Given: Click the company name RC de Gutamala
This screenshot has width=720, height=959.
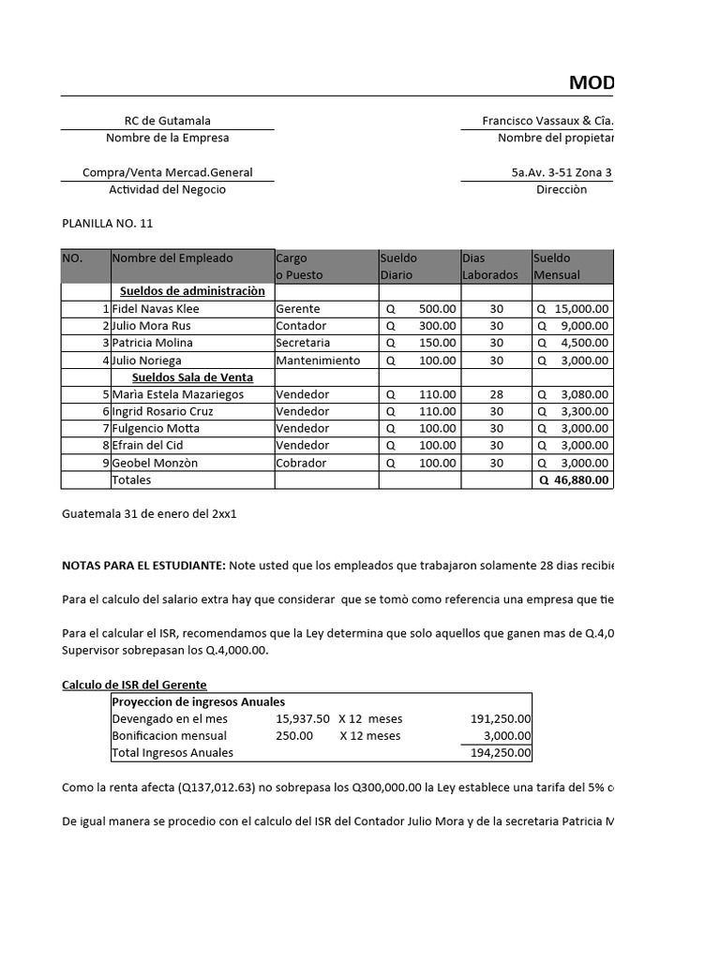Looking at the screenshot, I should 167,121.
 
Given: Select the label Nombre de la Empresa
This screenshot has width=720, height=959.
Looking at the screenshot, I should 167,138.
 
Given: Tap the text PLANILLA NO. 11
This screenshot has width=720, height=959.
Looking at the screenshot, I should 107,224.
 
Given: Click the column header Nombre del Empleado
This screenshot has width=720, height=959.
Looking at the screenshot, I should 172,258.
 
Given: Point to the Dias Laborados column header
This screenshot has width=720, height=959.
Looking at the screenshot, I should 489,266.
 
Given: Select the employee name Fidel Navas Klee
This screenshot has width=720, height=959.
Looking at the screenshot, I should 156,309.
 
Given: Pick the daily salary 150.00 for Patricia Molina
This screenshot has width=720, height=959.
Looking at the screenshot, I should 438,343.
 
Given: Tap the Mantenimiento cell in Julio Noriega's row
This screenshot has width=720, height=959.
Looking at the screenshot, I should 318,361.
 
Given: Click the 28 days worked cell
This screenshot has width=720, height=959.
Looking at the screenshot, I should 496,394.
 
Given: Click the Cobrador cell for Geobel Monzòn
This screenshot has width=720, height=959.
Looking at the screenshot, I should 302,463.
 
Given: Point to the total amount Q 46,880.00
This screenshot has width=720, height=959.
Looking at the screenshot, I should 573,480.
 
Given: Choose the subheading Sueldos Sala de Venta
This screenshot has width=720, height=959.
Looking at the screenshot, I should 192,377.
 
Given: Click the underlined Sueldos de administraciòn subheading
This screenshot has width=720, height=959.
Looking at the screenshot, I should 192,291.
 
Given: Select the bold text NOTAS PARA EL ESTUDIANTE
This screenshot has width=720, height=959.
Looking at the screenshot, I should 143,566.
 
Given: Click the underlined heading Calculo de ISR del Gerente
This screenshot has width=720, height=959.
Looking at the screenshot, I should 134,685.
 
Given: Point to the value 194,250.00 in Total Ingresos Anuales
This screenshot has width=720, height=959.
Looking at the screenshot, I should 500,753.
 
